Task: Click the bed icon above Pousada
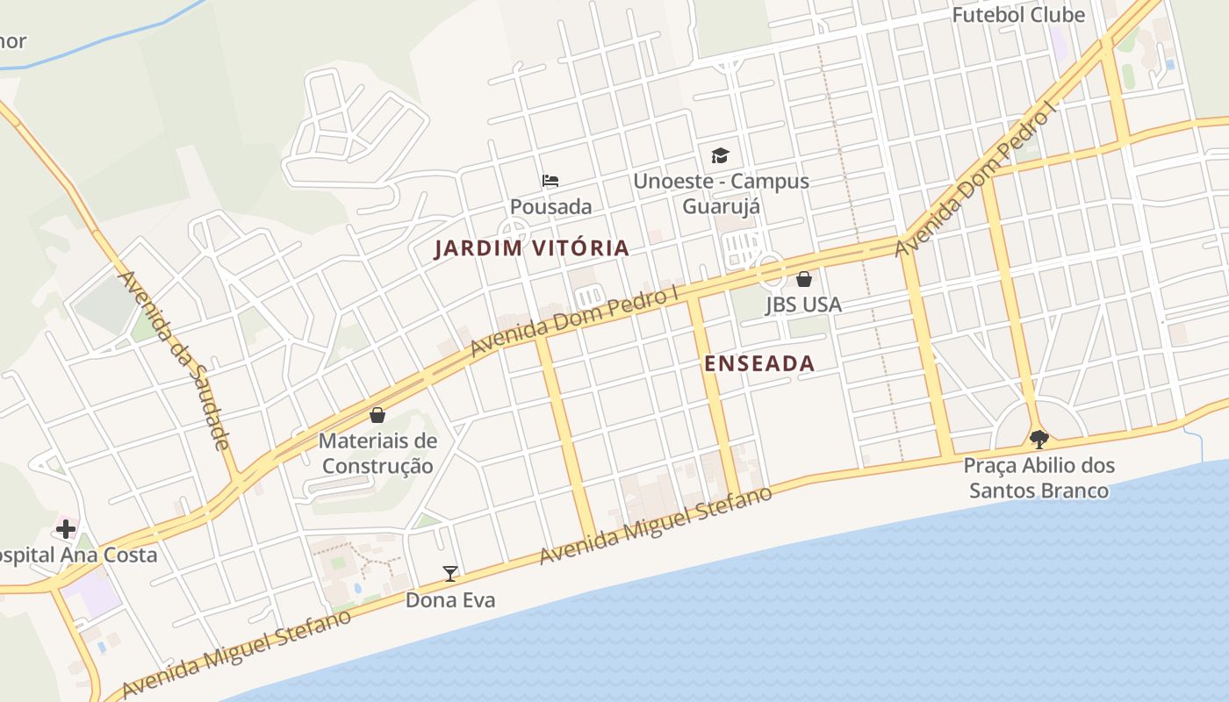pyautogui.click(x=550, y=181)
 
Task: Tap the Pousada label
pyautogui.click(x=551, y=207)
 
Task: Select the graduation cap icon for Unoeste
pyautogui.click(x=720, y=156)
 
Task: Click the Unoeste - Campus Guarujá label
pyautogui.click(x=721, y=194)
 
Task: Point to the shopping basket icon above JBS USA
pyautogui.click(x=803, y=279)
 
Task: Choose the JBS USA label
pyautogui.click(x=803, y=304)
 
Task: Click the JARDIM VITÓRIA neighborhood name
pyautogui.click(x=532, y=248)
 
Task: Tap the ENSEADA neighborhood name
pyautogui.click(x=759, y=363)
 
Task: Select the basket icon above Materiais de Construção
pyautogui.click(x=377, y=415)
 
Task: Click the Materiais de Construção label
pyautogui.click(x=377, y=453)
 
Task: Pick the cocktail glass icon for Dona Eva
pyautogui.click(x=450, y=574)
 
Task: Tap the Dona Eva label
pyautogui.click(x=450, y=600)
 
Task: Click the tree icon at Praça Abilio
pyautogui.click(x=1039, y=439)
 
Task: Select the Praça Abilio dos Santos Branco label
pyautogui.click(x=1039, y=477)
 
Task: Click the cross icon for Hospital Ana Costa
pyautogui.click(x=66, y=529)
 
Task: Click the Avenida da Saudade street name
pyautogui.click(x=175, y=360)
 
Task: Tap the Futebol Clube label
pyautogui.click(x=1018, y=15)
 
